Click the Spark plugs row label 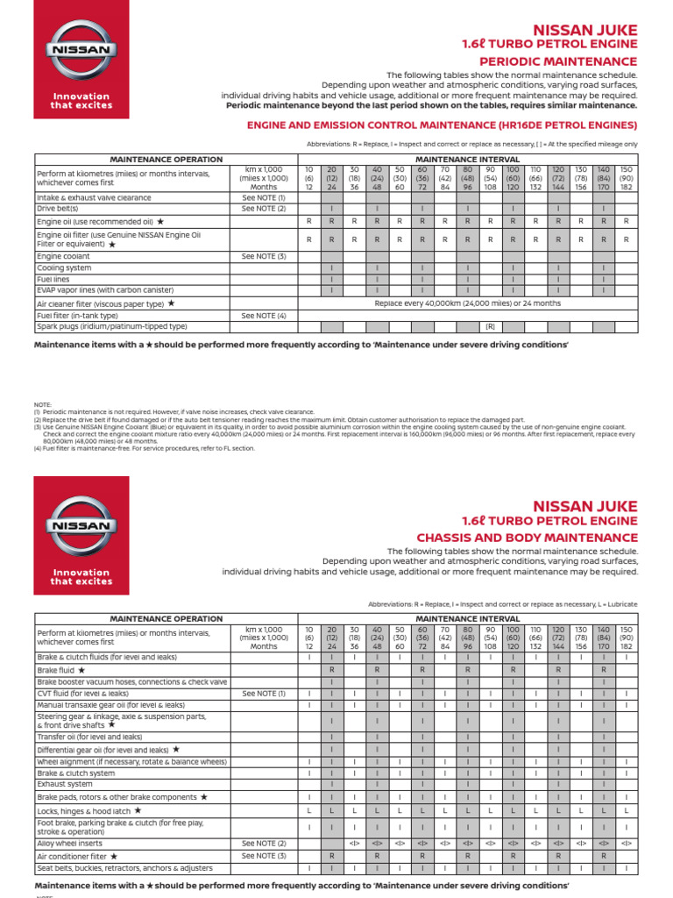(x=111, y=326)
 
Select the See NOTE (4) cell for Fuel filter (x=264, y=315)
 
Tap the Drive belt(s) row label (x=58, y=209)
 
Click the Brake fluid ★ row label (x=60, y=669)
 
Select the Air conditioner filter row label (x=76, y=855)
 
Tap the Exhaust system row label (x=64, y=784)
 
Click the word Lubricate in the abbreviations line (x=621, y=604)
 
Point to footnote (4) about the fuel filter (x=144, y=448)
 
